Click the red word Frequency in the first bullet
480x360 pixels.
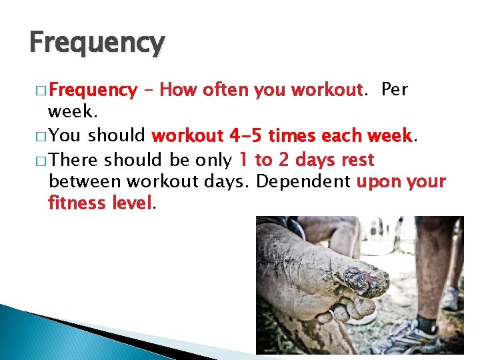click(93, 89)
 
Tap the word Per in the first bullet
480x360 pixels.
click(395, 89)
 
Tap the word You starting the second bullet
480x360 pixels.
click(65, 136)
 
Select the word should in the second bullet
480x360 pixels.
click(117, 136)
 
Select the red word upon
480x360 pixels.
click(381, 181)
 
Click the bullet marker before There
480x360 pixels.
click(40, 161)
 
